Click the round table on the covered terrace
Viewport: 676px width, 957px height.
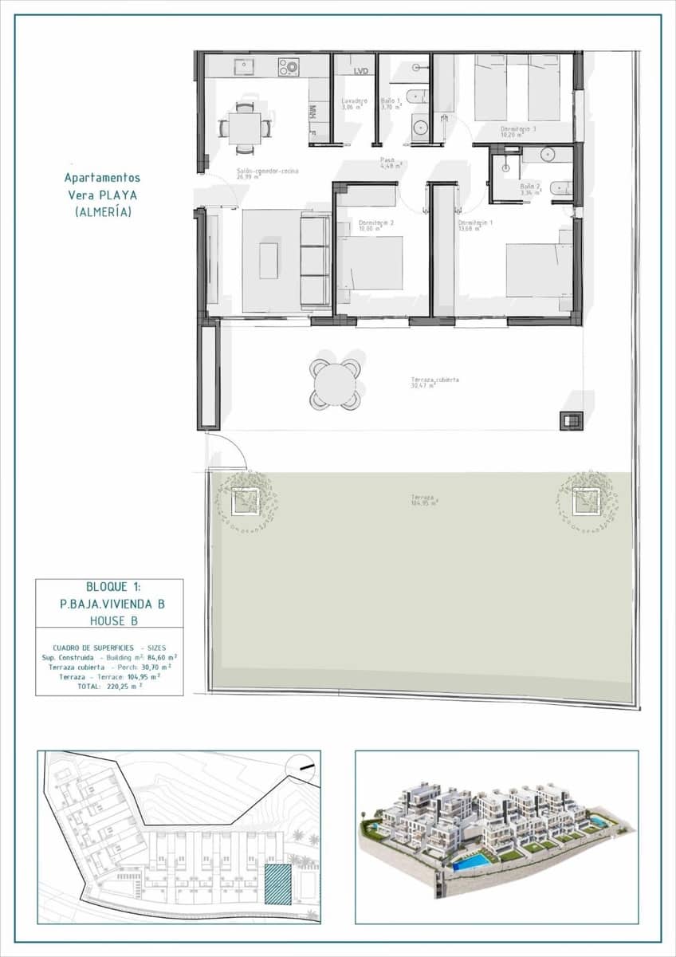[x=335, y=384]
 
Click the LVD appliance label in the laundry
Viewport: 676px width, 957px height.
[x=361, y=72]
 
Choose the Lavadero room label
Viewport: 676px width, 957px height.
[x=354, y=101]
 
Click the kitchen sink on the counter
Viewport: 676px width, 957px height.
[x=243, y=65]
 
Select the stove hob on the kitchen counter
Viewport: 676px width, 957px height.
[x=288, y=66]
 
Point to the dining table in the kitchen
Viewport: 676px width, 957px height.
[x=245, y=126]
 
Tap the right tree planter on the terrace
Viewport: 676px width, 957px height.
[x=588, y=501]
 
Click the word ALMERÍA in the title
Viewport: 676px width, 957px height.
[x=103, y=212]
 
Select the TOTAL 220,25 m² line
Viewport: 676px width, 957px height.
[x=109, y=684]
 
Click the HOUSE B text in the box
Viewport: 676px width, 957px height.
[x=109, y=620]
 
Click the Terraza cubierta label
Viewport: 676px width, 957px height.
[x=434, y=380]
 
